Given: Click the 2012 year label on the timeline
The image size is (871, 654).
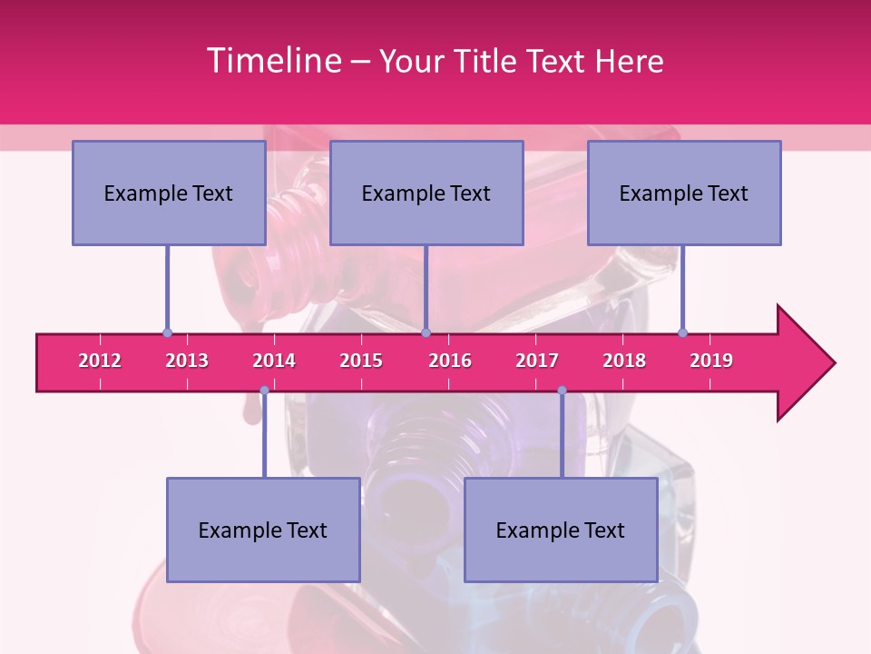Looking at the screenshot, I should tap(100, 361).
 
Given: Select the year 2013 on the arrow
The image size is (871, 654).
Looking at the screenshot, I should tap(187, 361).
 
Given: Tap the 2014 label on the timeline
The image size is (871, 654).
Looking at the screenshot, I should tap(274, 361).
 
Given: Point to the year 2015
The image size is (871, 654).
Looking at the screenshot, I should tap(361, 361).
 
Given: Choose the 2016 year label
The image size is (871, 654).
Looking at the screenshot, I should tap(450, 361).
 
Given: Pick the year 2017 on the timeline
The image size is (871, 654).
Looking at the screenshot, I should tap(537, 361).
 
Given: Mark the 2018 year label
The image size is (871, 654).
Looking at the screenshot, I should tap(624, 361).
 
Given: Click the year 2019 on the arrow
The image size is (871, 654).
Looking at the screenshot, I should tap(711, 361).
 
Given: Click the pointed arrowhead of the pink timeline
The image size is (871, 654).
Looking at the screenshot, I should tap(807, 363).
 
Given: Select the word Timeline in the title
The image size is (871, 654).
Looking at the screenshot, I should tap(273, 61).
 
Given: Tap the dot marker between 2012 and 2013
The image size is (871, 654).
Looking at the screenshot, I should tap(167, 332).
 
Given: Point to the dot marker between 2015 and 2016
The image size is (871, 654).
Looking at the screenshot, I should tap(426, 332).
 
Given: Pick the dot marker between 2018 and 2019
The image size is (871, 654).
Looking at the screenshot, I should tap(683, 332).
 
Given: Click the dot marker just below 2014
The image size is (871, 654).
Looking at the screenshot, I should tap(264, 391).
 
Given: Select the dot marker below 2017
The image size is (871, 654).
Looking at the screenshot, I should tap(562, 391).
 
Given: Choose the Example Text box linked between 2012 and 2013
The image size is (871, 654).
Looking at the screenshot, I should tap(169, 193).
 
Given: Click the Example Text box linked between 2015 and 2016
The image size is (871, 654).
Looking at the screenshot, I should tap(426, 193).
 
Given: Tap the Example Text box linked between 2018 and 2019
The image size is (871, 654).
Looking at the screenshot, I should tap(684, 193).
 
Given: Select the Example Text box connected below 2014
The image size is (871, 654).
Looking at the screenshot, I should tap(263, 530).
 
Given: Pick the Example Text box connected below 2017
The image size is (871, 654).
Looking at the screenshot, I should tap(561, 530).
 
